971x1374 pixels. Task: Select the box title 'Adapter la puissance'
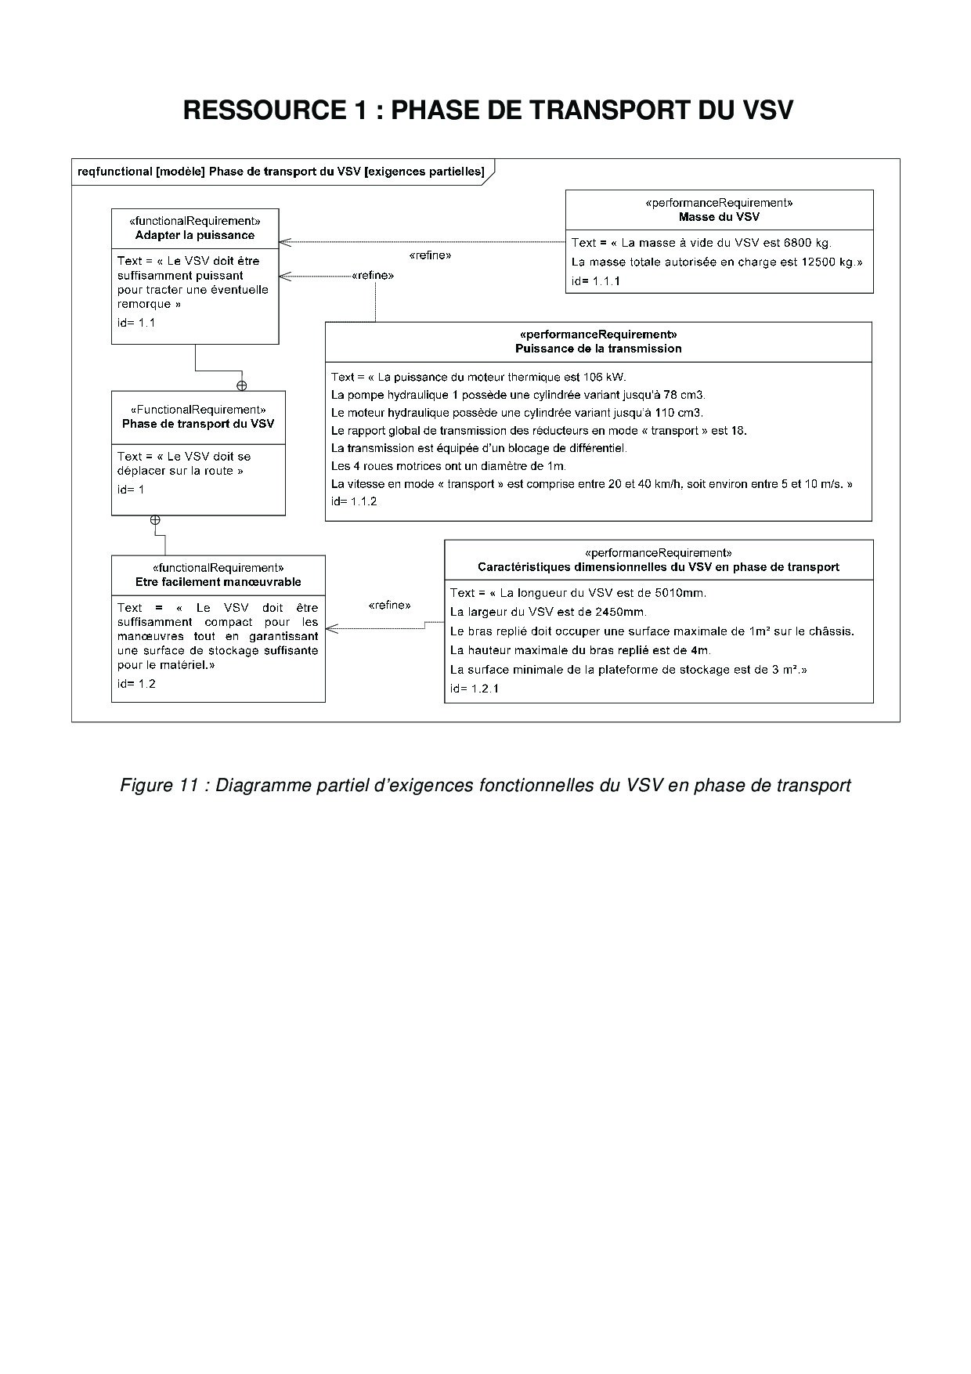point(195,235)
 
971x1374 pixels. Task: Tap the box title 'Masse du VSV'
point(719,216)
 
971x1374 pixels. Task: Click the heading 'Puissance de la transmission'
point(598,349)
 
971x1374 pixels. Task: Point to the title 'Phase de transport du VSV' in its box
point(198,424)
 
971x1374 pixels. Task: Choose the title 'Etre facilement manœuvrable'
point(218,582)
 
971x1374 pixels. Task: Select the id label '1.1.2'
point(363,501)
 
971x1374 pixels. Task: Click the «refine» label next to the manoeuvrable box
point(389,606)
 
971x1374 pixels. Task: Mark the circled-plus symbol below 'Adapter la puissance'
point(242,385)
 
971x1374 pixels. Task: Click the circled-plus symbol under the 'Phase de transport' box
point(155,520)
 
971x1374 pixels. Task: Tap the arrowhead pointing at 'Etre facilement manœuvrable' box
point(330,628)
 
